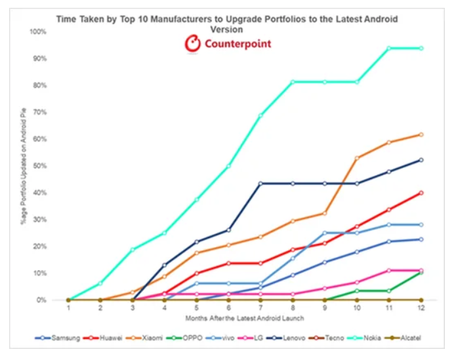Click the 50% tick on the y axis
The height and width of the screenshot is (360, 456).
(39, 166)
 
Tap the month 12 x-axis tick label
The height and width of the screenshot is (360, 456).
(421, 307)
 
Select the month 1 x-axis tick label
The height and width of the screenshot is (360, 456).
(68, 307)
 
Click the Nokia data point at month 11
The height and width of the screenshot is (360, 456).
(388, 48)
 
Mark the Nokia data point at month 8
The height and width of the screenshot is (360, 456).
(293, 81)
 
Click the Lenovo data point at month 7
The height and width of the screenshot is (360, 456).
(260, 183)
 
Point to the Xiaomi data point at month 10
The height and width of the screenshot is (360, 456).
(357, 158)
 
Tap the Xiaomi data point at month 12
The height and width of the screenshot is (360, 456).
(421, 134)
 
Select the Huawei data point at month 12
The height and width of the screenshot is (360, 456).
(421, 193)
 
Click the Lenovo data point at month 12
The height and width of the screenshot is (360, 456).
(421, 159)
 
